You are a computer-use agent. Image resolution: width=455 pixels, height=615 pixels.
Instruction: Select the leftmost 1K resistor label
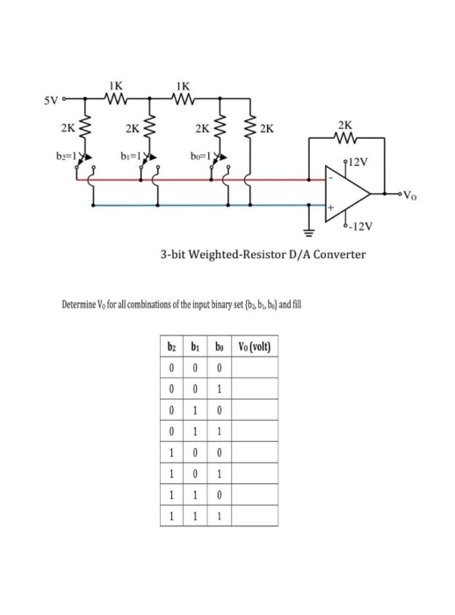point(116,85)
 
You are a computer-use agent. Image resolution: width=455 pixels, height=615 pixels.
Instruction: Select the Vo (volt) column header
point(253,345)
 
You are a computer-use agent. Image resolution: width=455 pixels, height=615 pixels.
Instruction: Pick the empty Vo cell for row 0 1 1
point(253,431)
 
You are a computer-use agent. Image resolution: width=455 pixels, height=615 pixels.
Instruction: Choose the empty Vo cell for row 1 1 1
point(253,517)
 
